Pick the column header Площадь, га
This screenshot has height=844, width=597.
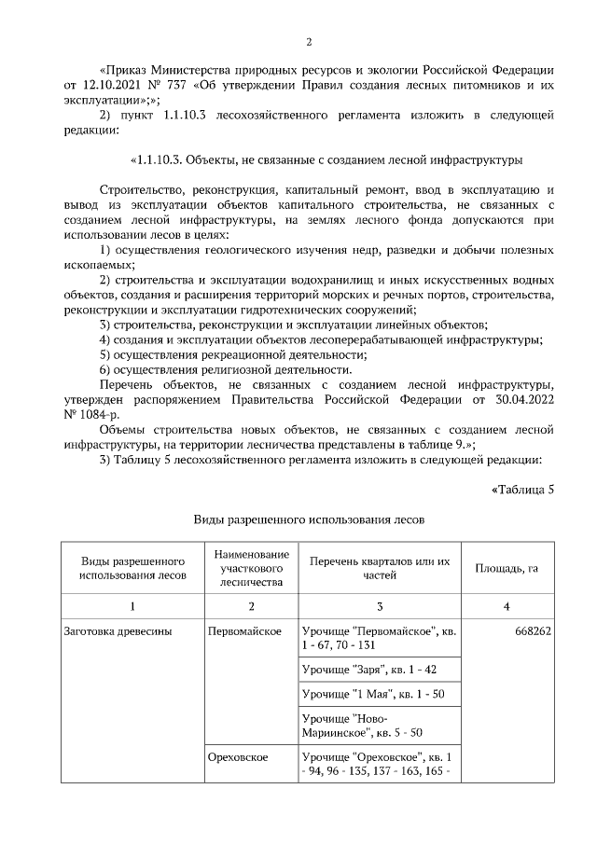click(x=507, y=567)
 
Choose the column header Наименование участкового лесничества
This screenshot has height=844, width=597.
click(x=251, y=567)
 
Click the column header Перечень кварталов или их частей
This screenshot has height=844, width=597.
click(x=381, y=567)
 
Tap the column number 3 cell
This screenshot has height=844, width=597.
click(x=381, y=606)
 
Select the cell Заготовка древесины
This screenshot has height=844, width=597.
click(x=118, y=632)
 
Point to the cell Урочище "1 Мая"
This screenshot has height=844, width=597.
click(x=369, y=695)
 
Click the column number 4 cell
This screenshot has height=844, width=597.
click(x=507, y=606)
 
